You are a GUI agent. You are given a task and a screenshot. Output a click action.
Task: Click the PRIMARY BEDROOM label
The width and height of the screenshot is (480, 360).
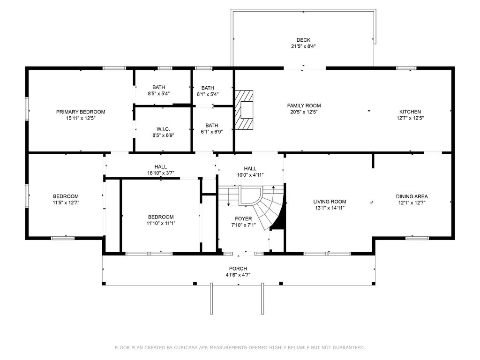81,112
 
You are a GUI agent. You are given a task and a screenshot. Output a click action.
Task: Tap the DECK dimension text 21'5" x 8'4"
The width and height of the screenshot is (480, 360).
303,46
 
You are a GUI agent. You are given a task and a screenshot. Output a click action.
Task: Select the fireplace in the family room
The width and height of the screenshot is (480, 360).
244,110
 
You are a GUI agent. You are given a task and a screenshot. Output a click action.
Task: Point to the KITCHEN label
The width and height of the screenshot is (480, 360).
410,112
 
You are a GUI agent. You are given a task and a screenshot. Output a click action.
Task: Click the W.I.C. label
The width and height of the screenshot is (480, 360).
163,129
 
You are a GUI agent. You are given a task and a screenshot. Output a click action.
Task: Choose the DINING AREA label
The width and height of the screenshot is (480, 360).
412,196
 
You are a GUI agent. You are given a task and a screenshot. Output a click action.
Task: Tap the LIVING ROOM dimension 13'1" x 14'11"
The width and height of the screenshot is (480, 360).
330,208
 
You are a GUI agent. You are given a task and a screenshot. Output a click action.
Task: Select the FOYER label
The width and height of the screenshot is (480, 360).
243,218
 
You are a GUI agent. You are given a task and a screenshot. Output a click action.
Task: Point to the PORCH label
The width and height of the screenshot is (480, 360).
238,269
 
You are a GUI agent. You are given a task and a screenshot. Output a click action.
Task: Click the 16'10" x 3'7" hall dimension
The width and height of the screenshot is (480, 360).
161,173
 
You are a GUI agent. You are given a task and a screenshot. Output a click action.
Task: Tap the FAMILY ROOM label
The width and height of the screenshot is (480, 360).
304,105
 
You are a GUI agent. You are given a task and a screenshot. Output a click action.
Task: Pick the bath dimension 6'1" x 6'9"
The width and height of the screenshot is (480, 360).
211,132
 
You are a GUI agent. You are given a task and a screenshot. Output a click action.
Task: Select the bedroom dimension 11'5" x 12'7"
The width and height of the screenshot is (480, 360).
66,202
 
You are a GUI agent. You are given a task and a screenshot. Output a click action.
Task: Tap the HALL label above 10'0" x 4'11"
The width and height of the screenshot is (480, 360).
250,168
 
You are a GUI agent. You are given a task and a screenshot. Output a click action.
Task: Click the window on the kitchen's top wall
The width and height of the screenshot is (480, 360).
406,68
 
